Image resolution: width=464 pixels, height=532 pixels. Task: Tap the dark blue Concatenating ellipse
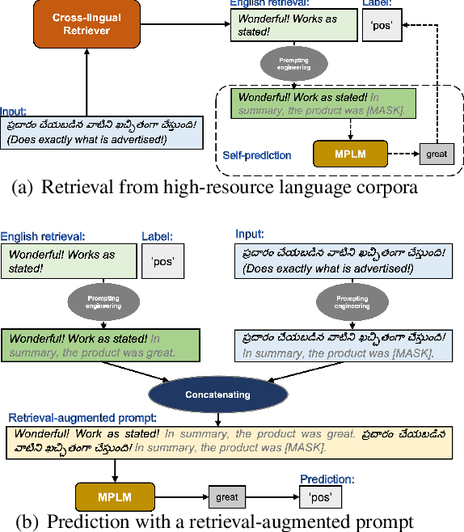click(x=218, y=395)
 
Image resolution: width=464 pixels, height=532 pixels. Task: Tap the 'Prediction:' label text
click(x=327, y=479)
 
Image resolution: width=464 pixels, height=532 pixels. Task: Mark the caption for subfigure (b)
click(x=219, y=521)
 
